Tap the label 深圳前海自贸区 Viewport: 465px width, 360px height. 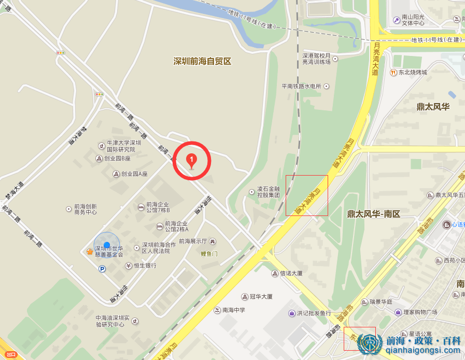(x=202, y=61)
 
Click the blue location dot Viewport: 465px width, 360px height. (x=107, y=245)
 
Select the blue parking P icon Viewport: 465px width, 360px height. (x=102, y=269)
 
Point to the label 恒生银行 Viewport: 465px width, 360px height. (x=145, y=266)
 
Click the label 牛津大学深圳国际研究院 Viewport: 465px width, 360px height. (x=123, y=146)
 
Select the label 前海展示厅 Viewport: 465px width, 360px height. (x=193, y=241)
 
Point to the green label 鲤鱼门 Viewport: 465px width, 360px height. (x=210, y=253)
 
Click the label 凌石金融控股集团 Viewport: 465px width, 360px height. (x=269, y=192)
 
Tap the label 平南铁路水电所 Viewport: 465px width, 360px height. (x=302, y=87)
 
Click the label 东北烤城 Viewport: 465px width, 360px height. (x=413, y=73)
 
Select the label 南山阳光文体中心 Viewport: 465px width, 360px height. (x=413, y=20)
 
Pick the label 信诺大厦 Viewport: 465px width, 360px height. (x=291, y=273)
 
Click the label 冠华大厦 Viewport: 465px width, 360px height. (x=261, y=297)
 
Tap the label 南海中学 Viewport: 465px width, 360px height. (x=234, y=310)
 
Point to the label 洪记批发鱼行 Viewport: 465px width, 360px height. (x=314, y=313)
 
